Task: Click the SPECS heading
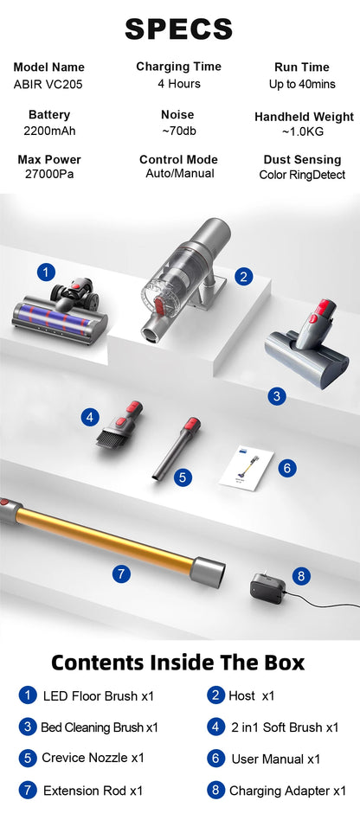tap(179, 29)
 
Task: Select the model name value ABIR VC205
tap(49, 84)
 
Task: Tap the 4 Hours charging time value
tap(179, 84)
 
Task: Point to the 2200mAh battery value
tap(49, 131)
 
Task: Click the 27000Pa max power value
tap(49, 174)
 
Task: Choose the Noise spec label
tap(177, 115)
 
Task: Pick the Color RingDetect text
tap(302, 175)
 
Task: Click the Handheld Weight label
tap(304, 117)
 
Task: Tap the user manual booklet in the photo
tap(246, 468)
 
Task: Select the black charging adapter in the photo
tap(268, 589)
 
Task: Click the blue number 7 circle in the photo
tap(122, 573)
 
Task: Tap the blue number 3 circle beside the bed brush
tap(276, 396)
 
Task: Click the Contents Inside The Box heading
tap(178, 663)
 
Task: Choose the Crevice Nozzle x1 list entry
tap(93, 758)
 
